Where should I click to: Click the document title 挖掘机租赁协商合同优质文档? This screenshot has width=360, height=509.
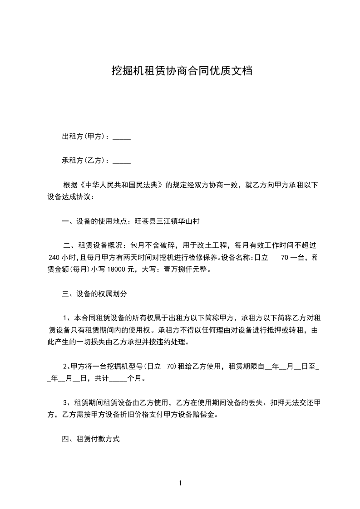[x=182, y=71]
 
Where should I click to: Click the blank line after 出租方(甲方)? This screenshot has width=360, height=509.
[x=121, y=138]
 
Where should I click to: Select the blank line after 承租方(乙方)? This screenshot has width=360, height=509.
[x=121, y=162]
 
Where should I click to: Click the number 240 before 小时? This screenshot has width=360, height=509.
[x=54, y=257]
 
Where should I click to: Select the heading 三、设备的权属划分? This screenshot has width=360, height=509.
[x=94, y=294]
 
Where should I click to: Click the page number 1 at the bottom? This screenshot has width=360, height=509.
[x=180, y=484]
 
